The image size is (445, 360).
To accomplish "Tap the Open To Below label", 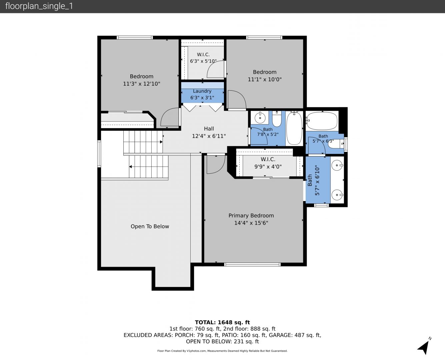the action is click(x=150, y=226).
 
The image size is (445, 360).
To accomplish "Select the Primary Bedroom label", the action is click(x=251, y=216).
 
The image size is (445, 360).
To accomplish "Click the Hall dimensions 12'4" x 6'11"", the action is click(x=209, y=136).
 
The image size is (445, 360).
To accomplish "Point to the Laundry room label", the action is click(x=202, y=91).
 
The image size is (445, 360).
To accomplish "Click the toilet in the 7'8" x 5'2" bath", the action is click(x=277, y=119).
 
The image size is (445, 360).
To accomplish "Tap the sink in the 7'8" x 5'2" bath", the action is click(x=260, y=118).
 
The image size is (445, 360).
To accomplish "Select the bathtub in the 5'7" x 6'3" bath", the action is click(x=322, y=121).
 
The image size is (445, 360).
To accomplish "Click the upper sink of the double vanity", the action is click(x=337, y=165).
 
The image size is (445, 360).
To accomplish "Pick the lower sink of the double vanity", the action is click(x=337, y=195).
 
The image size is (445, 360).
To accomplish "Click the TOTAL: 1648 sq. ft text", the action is click(x=222, y=322).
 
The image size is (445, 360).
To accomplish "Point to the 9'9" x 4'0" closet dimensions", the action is click(x=268, y=167).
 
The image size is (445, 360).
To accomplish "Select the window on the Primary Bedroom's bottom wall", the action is click(x=252, y=265).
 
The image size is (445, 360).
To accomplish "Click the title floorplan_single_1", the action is click(x=39, y=6).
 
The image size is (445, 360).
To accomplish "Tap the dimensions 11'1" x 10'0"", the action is click(x=265, y=79).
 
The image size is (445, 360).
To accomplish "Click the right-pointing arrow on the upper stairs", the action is click(x=161, y=142).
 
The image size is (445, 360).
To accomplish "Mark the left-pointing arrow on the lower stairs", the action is click(x=130, y=167).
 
